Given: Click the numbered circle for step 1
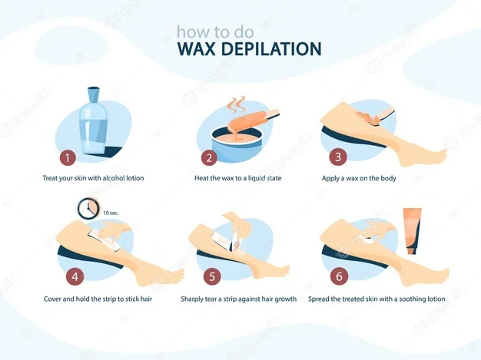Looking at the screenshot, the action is (x=68, y=158).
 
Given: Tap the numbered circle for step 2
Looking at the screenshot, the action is (x=209, y=158).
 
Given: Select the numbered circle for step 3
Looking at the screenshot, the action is (x=338, y=157).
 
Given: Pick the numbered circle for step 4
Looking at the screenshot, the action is (x=75, y=276).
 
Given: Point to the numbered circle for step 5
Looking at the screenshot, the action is (x=212, y=276).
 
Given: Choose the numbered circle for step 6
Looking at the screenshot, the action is (x=339, y=276).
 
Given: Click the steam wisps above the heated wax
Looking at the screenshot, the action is (x=237, y=106).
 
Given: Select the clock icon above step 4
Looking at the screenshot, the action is (x=88, y=208).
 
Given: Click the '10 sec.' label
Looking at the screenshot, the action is (x=111, y=213).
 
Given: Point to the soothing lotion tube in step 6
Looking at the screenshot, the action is (x=412, y=231).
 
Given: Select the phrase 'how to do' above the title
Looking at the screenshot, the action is (x=215, y=31).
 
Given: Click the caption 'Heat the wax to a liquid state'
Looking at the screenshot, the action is (x=237, y=178).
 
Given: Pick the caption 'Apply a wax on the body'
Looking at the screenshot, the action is (x=359, y=178).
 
